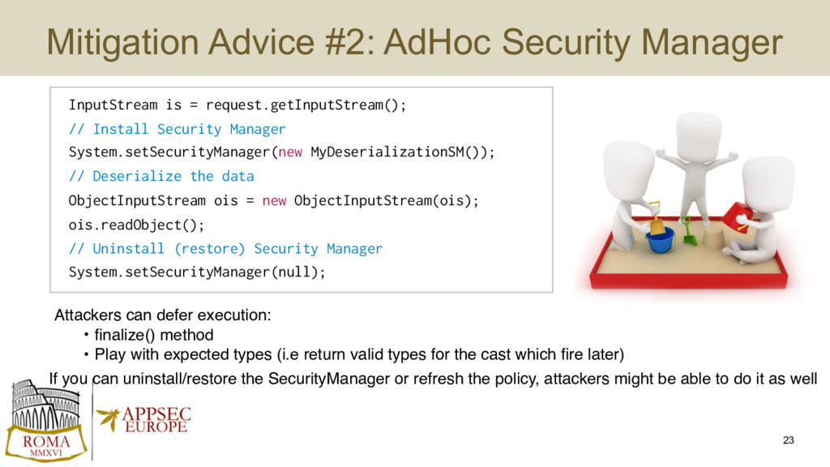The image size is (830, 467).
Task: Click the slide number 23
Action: (788, 440)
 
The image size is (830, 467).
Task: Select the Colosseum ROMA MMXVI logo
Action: (46, 421)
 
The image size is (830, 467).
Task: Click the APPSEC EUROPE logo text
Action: (156, 421)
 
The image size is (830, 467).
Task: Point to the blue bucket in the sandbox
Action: (660, 240)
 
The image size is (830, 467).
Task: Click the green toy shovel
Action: (689, 231)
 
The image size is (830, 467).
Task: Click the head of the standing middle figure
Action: (699, 135)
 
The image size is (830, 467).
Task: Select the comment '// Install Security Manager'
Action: (177, 129)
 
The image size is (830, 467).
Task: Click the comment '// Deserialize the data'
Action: (161, 176)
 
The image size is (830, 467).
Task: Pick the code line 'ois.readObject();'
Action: (136, 225)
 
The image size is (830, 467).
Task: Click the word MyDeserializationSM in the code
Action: (387, 152)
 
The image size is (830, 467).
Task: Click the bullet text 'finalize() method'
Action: (153, 335)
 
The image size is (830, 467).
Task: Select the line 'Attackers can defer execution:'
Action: (162, 315)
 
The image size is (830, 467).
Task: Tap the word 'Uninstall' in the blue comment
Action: (129, 249)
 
